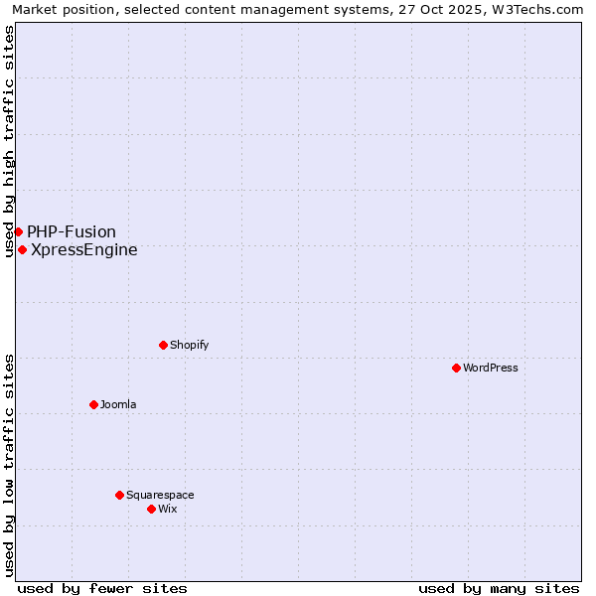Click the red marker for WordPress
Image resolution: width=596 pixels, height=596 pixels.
[456, 368]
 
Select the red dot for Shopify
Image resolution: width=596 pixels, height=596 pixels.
[163, 345]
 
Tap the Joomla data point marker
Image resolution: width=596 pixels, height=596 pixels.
[93, 404]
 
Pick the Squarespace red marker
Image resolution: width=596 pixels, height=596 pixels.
[119, 495]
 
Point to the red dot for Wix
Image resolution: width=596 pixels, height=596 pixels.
[151, 509]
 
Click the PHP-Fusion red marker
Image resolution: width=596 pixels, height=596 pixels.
[18, 231]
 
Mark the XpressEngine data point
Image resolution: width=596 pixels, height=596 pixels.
[22, 249]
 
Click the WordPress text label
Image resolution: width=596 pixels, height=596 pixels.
[491, 368]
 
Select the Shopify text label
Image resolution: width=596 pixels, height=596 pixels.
[190, 345]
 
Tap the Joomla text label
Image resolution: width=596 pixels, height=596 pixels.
[118, 404]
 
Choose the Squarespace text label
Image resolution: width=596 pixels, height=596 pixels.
[160, 495]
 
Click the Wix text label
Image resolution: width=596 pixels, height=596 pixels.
[168, 509]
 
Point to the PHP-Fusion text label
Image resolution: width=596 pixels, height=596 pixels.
[72, 231]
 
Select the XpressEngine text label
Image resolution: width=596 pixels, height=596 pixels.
[84, 249]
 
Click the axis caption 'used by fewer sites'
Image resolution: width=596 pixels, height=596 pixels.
[102, 588]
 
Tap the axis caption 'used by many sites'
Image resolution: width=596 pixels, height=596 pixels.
[499, 588]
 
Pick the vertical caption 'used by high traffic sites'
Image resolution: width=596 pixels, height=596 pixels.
[9, 141]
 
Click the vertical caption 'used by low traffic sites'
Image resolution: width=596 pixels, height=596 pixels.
[9, 465]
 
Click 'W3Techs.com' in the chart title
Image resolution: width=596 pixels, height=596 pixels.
[543, 9]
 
